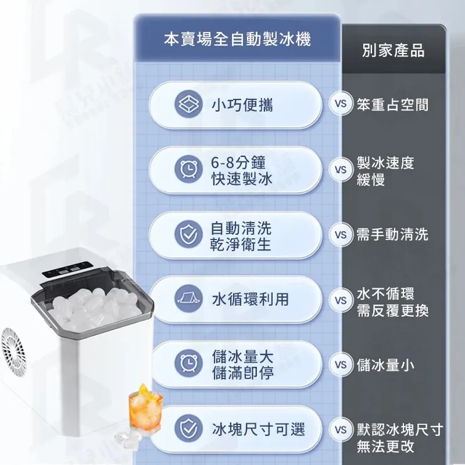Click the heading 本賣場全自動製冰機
(x=237, y=40)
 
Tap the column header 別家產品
(x=393, y=50)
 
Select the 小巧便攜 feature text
(x=243, y=104)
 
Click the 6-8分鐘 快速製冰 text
(x=242, y=170)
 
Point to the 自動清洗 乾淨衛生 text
(x=241, y=235)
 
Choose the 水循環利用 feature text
(x=250, y=300)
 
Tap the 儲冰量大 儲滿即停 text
(x=243, y=364)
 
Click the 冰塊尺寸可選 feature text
(x=258, y=430)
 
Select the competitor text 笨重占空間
(x=393, y=104)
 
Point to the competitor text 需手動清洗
(x=393, y=234)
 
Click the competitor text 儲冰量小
(x=385, y=364)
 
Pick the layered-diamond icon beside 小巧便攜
(x=188, y=104)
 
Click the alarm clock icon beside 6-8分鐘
(x=188, y=170)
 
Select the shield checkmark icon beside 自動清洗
(x=188, y=234)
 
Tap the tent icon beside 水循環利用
(x=188, y=300)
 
